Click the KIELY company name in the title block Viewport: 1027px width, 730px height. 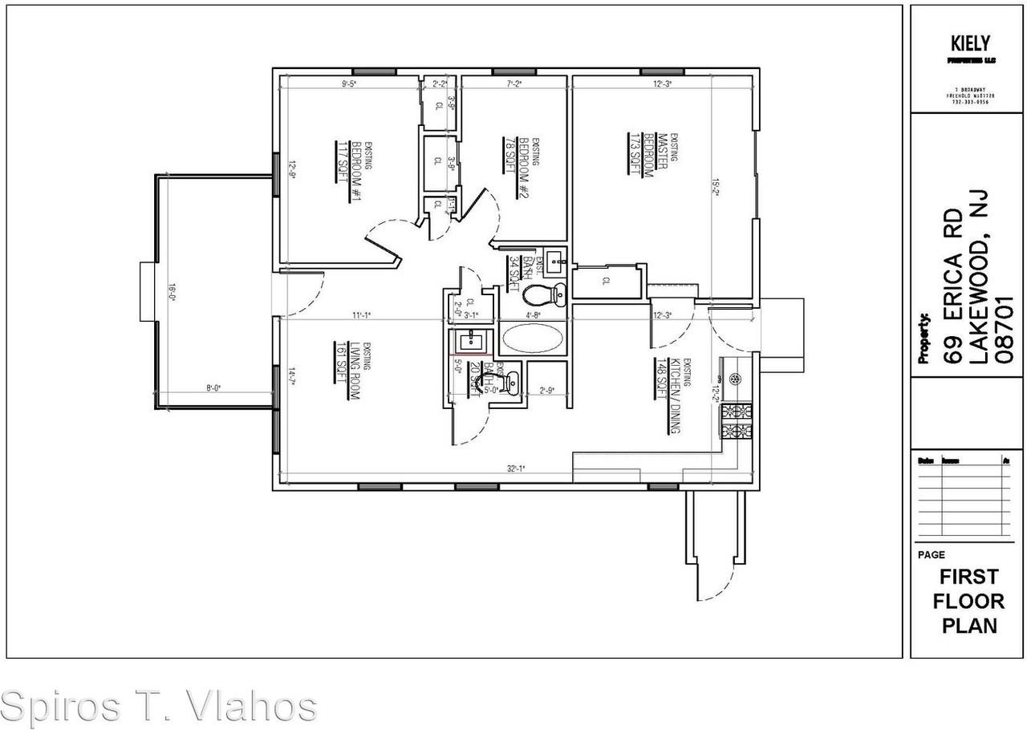point(969,43)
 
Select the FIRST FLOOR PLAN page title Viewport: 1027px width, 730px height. point(969,601)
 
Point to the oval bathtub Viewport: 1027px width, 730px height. point(532,338)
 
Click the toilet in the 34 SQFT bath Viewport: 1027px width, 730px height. point(545,295)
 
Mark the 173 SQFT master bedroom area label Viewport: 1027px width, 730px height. point(635,153)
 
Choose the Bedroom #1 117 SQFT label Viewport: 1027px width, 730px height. point(343,164)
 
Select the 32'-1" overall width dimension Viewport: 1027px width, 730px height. point(516,468)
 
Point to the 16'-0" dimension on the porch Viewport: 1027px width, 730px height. point(171,292)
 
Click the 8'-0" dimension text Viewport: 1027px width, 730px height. point(213,388)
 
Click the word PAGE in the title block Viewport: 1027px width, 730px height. point(931,554)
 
